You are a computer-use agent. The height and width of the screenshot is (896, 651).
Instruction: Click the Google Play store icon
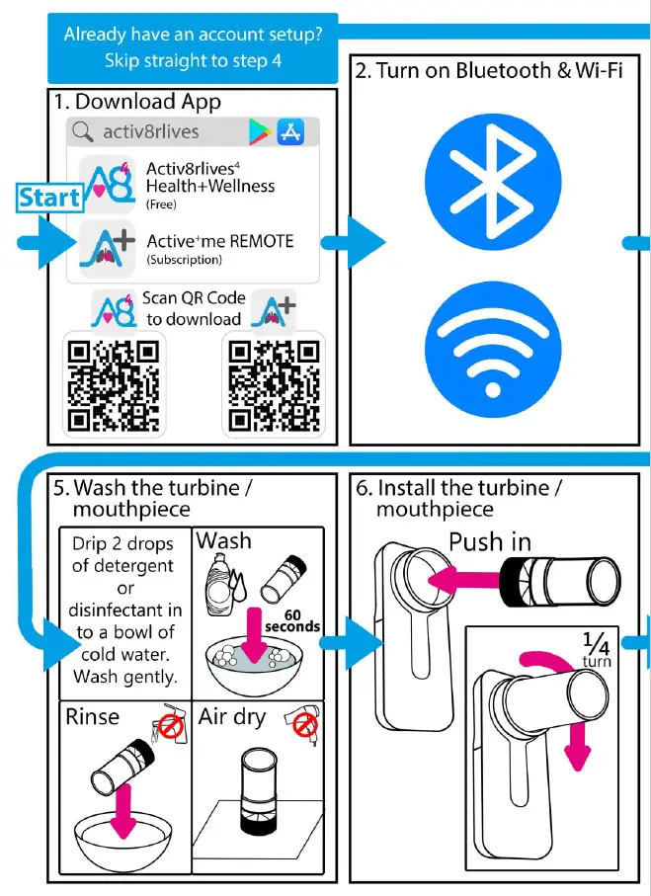pyautogui.click(x=261, y=130)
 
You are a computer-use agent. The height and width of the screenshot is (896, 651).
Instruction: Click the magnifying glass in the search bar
pyautogui.click(x=84, y=131)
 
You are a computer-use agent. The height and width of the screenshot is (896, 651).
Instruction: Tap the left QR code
pyautogui.click(x=114, y=385)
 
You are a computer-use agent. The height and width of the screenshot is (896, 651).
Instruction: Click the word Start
pyautogui.click(x=49, y=197)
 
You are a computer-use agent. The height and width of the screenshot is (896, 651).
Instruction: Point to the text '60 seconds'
pyautogui.click(x=294, y=619)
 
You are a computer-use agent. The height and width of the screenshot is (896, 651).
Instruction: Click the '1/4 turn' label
pyautogui.click(x=597, y=648)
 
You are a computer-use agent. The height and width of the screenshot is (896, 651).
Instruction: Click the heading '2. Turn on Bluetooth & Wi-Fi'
pyautogui.click(x=489, y=70)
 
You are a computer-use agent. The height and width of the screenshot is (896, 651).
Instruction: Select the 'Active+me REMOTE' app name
pyautogui.click(x=219, y=241)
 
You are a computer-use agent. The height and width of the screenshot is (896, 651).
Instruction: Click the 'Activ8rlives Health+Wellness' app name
pyautogui.click(x=209, y=177)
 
